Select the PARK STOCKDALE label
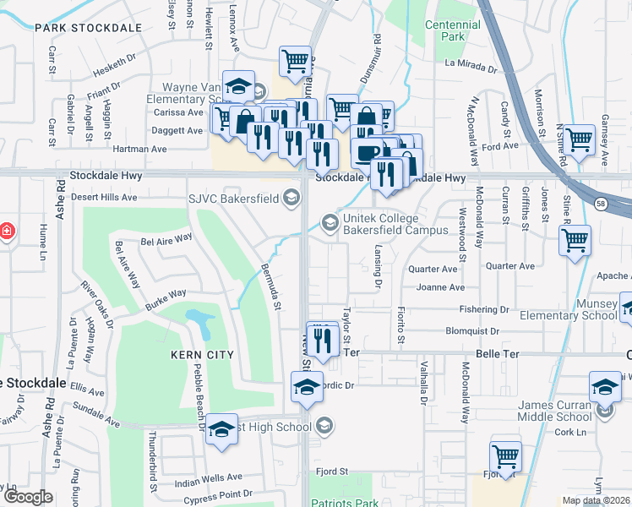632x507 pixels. pyautogui.click(x=88, y=28)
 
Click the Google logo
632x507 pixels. pyautogui.click(x=28, y=497)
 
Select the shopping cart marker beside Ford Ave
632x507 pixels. pyautogui.click(x=579, y=140)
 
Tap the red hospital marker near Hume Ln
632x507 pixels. pyautogui.click(x=5, y=231)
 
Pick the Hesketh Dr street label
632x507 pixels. pyautogui.click(x=108, y=59)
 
